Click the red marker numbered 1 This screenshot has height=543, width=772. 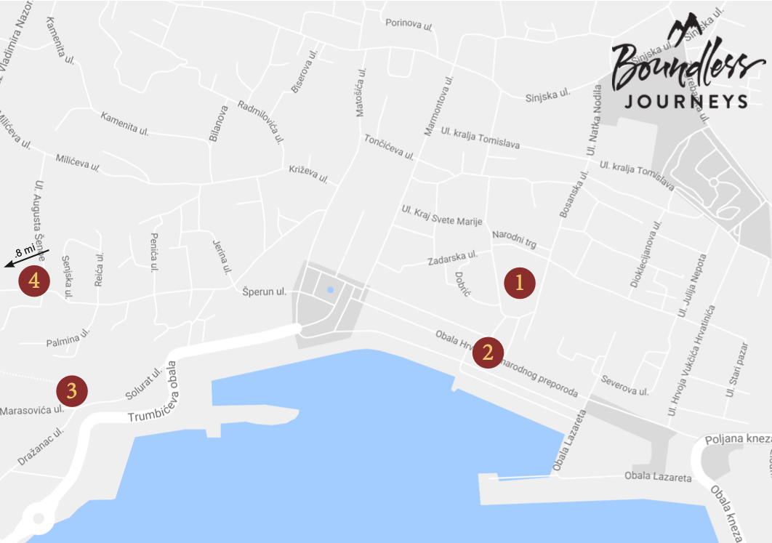click(x=520, y=283)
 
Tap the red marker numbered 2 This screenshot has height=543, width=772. click(x=488, y=353)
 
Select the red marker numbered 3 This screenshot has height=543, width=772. click(x=72, y=391)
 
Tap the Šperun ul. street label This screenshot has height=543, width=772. click(x=265, y=292)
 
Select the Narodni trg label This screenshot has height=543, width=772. click(x=513, y=238)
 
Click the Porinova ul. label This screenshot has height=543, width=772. click(x=409, y=25)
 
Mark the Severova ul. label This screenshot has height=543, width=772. click(x=624, y=385)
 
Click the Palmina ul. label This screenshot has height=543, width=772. click(x=68, y=338)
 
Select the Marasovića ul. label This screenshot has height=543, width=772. click(x=32, y=411)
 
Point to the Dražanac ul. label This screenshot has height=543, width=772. click(x=41, y=446)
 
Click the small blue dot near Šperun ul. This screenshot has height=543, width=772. click(x=331, y=289)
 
